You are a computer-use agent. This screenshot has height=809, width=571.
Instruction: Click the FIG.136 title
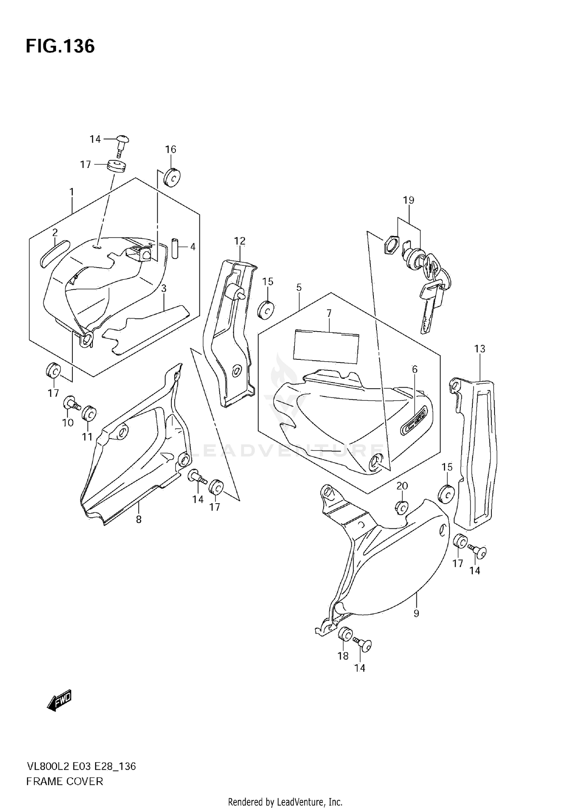click(x=60, y=46)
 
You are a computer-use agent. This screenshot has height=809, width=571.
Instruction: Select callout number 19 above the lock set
click(x=408, y=200)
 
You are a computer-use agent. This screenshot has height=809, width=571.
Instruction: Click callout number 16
click(x=171, y=149)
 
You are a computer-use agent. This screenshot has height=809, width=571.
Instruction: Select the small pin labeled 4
click(x=175, y=248)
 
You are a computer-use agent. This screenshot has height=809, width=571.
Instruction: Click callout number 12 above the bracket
click(x=239, y=241)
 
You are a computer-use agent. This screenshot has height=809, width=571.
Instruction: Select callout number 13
click(x=480, y=348)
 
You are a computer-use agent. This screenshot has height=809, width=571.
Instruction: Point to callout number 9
click(x=416, y=613)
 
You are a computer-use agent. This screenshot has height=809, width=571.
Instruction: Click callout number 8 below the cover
click(x=139, y=519)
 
